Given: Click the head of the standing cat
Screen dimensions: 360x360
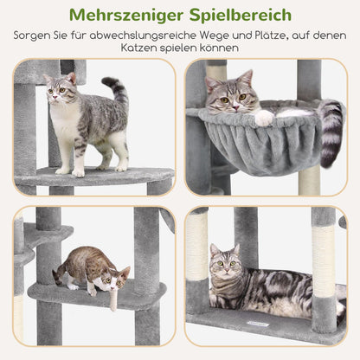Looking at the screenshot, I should [61, 88].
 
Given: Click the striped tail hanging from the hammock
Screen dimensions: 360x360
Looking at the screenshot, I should [331, 130].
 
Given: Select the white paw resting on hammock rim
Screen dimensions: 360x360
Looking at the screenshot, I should [264, 116].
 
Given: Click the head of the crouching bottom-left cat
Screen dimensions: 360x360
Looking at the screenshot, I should [112, 276].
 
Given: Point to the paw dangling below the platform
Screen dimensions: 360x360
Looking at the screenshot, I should [113, 299].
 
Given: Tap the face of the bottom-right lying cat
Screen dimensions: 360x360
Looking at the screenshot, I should [225, 261].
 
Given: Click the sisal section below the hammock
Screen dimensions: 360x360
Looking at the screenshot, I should [309, 180].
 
